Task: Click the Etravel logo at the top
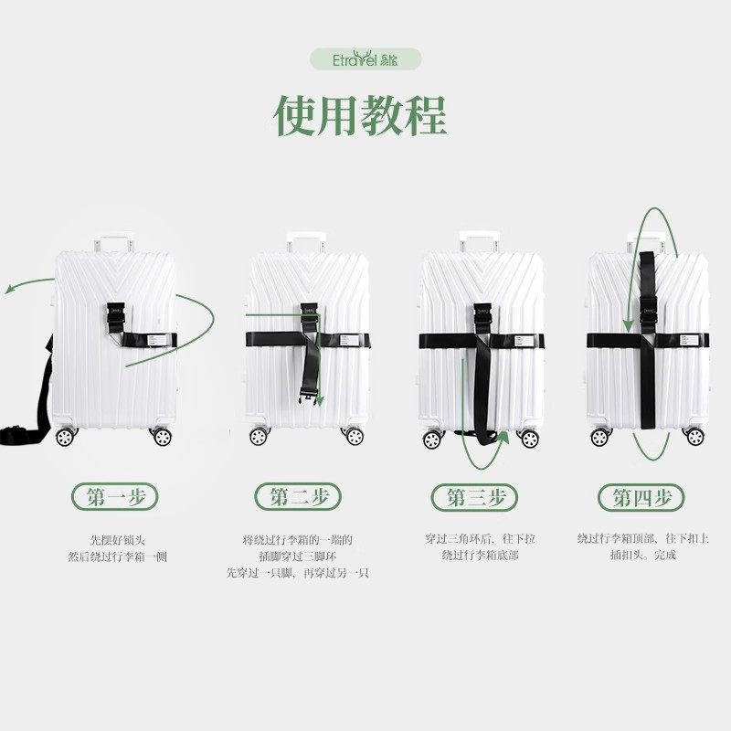pos(365,59)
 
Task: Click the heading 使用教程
pos(360,113)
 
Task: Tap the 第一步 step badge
pos(115,497)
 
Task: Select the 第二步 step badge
pos(292,497)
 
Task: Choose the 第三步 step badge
pos(470,497)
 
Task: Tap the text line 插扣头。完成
pos(643,556)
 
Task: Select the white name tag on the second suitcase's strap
pos(353,340)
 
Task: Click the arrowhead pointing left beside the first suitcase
pos(9,289)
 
